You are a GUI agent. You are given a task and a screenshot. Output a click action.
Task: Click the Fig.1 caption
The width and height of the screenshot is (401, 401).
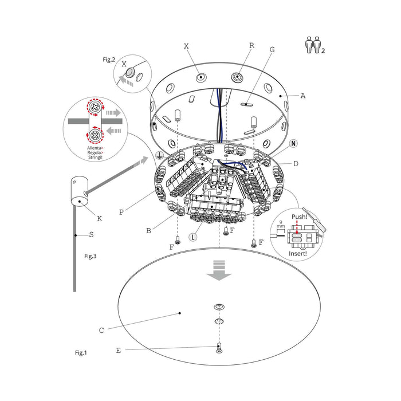(x=81, y=353)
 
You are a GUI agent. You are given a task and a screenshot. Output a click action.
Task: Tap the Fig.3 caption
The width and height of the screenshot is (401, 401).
(x=91, y=256)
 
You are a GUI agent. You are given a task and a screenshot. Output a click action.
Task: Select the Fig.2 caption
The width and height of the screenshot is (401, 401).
(x=109, y=60)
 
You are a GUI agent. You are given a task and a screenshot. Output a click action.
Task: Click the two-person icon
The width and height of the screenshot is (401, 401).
(x=314, y=45)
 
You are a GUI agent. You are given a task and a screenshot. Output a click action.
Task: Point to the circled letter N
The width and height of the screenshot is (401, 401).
(x=293, y=143)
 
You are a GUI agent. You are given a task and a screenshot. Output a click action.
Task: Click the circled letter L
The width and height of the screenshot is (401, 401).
(x=193, y=237)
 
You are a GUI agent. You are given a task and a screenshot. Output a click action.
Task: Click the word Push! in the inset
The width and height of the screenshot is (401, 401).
(x=299, y=217)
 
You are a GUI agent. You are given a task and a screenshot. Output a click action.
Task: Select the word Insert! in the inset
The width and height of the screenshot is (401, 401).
(x=298, y=253)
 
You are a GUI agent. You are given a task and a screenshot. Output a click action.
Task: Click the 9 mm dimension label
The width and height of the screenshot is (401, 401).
(x=281, y=225)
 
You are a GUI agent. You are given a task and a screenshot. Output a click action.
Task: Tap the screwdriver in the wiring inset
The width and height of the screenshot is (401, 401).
(x=314, y=219)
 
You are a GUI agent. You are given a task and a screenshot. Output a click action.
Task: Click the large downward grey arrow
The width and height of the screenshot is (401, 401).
(x=219, y=270)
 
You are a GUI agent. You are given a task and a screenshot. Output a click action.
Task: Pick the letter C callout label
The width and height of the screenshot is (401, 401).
(x=101, y=331)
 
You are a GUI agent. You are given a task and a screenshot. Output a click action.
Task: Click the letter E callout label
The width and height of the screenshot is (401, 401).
(x=118, y=351)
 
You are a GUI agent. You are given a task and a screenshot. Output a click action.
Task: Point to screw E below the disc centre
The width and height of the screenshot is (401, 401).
(x=219, y=348)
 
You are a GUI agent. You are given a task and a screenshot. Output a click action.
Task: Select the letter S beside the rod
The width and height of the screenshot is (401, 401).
(x=91, y=234)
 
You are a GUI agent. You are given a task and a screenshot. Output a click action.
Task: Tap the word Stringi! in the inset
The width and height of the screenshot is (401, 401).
(x=95, y=158)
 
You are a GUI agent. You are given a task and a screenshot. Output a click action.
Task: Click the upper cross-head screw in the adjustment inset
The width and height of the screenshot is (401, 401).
(x=96, y=107)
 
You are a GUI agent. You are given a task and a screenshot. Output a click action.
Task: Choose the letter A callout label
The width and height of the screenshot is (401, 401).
(x=303, y=96)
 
